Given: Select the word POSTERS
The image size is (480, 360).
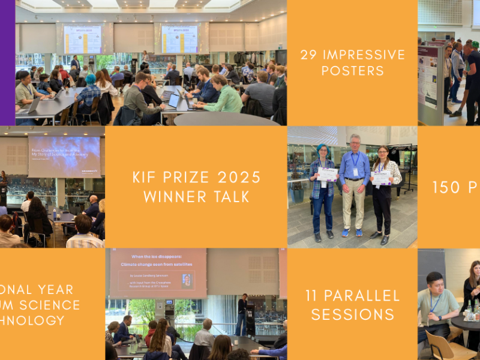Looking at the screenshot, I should point(352,71).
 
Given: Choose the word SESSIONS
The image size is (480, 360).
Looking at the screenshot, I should point(352,314).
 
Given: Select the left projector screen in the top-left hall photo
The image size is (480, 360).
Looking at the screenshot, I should point(83,39).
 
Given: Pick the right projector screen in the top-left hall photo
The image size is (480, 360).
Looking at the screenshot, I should point(179,39).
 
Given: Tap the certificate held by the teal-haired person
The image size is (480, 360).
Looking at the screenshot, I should point(327,174).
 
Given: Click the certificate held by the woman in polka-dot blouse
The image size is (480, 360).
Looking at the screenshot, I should point(380,178).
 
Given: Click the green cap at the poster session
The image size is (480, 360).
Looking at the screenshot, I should point(475,44).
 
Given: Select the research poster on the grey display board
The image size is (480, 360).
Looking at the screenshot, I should point(428,78).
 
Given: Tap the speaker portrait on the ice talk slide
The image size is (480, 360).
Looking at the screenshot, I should point(187,280).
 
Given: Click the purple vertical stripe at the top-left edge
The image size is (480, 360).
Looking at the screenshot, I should point(7,60).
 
